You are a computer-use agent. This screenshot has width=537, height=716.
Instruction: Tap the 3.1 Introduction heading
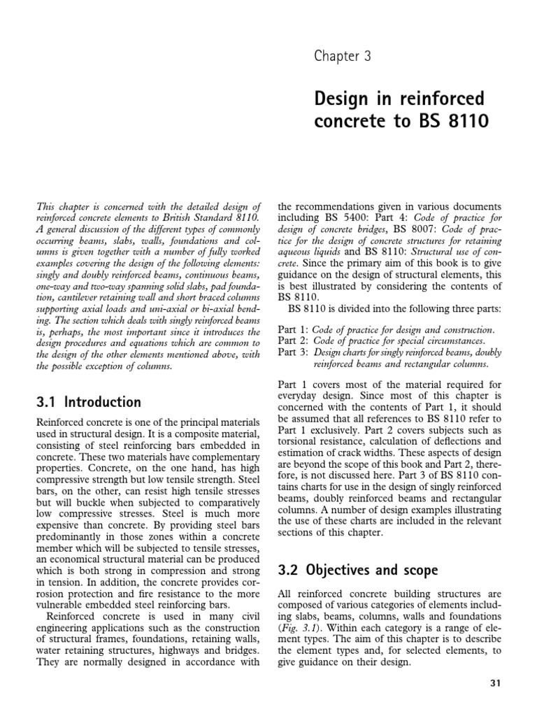88,402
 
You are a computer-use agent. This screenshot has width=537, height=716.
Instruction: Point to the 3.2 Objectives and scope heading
358,570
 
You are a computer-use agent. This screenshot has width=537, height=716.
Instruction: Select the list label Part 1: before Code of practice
292,329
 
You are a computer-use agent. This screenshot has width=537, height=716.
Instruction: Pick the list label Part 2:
292,341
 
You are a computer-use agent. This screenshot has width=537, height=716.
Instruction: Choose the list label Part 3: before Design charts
292,352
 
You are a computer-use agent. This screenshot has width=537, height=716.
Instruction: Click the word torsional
300,442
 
